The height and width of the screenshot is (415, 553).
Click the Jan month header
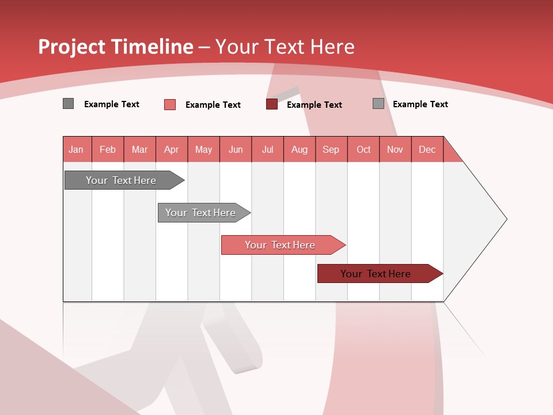[x=77, y=149]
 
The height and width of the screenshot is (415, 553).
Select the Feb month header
[x=108, y=149]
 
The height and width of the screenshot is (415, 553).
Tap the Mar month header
[x=139, y=149]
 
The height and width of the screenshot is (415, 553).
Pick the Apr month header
[x=172, y=149]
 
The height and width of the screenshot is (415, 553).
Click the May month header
[x=203, y=149]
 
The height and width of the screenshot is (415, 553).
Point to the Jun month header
[x=236, y=149]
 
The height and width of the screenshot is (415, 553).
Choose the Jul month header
[x=267, y=149]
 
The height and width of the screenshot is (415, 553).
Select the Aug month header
[x=300, y=149]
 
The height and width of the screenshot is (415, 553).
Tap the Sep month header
[x=331, y=149]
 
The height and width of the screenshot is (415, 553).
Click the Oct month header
[x=363, y=149]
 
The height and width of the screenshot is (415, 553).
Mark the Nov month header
[x=395, y=149]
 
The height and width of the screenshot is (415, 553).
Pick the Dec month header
[x=427, y=149]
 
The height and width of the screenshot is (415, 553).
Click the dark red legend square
[x=272, y=104]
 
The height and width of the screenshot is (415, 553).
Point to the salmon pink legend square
[x=170, y=104]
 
